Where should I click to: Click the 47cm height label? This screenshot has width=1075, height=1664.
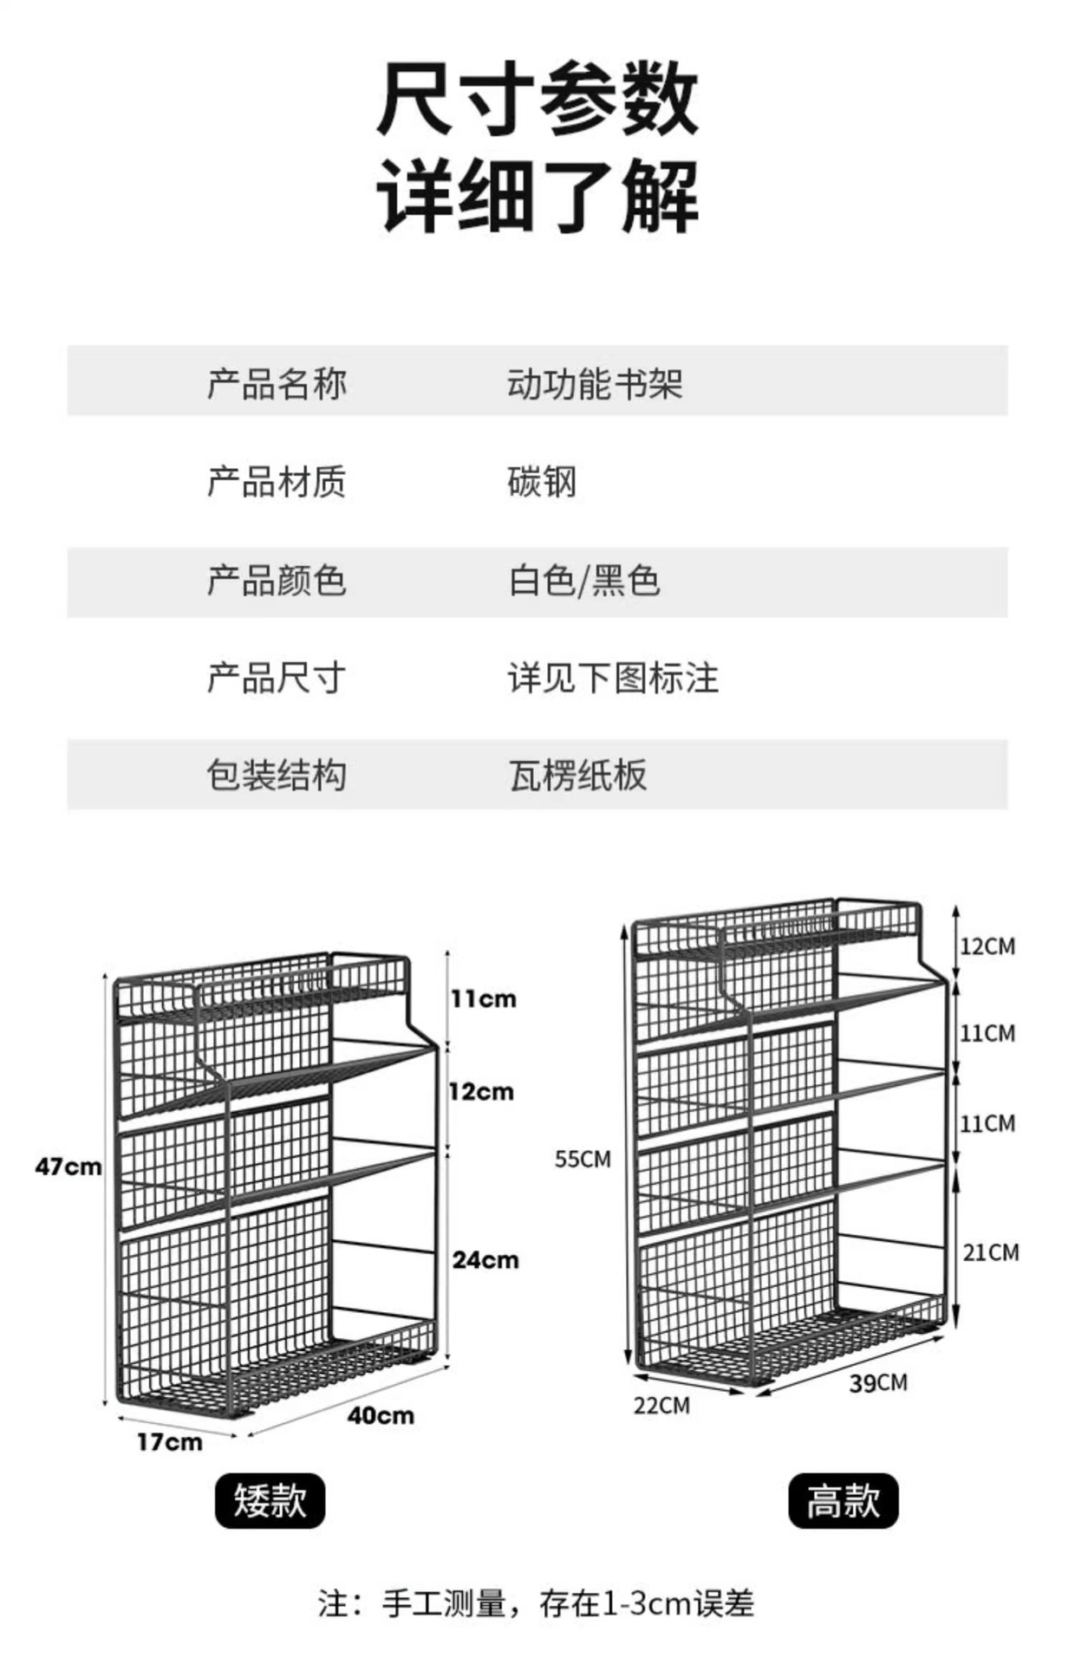(x=68, y=1167)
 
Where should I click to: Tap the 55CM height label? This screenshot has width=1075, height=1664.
(x=583, y=1159)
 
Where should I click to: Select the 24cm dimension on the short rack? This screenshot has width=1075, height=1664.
(x=485, y=1259)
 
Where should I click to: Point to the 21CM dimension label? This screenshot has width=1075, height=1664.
(x=991, y=1252)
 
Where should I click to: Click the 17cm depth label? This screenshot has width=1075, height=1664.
(x=169, y=1442)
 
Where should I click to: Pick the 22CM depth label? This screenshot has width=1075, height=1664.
(x=661, y=1405)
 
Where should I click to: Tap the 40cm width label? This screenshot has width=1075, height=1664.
(x=381, y=1415)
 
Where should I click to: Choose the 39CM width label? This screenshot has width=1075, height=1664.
(x=878, y=1382)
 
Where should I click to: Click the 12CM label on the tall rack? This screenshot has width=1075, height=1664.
(x=987, y=946)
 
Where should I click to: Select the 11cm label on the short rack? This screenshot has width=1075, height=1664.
(x=483, y=999)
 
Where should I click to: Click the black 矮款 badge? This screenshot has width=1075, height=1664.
(x=270, y=1500)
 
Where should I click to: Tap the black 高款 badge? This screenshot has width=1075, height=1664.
(x=843, y=1500)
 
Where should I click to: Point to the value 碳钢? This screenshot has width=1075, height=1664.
(x=542, y=482)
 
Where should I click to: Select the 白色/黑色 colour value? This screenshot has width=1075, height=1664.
(x=584, y=581)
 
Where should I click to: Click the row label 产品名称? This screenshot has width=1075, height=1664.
(x=277, y=383)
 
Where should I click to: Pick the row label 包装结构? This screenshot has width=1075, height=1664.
(x=277, y=775)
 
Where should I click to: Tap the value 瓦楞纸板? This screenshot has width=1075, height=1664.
(x=577, y=775)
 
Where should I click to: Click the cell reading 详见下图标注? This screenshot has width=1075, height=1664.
(x=613, y=678)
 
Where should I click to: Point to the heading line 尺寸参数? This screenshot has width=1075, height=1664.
(x=537, y=102)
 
